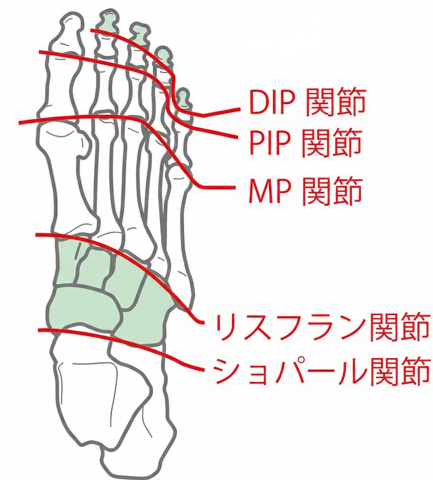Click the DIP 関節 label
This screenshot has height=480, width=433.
pos(307,103)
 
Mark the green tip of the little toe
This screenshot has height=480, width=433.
pos(183,97)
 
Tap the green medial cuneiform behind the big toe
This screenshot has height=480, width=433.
pos(67,263)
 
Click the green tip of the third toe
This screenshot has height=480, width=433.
pos(138,31)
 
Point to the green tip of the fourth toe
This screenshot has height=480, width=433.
pos(162,55)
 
